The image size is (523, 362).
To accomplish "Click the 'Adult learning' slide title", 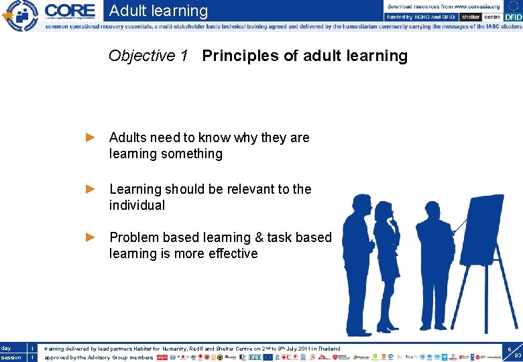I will tap(158, 11).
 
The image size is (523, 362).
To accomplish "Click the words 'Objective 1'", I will tap(148, 56).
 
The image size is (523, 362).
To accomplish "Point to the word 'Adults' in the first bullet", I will tap(128, 137).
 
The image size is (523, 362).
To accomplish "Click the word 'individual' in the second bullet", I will tap(137, 205).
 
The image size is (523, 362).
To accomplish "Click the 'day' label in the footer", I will tap(6, 349).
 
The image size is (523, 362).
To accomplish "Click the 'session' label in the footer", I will tap(10, 357).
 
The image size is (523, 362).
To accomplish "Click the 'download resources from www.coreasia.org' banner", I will tap(443, 6).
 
